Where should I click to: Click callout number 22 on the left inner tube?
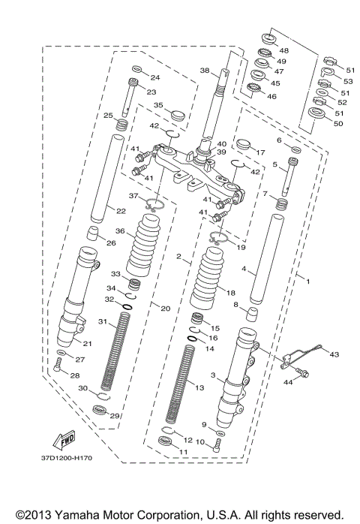coord(109,211)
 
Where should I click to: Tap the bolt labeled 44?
coord(302,372)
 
